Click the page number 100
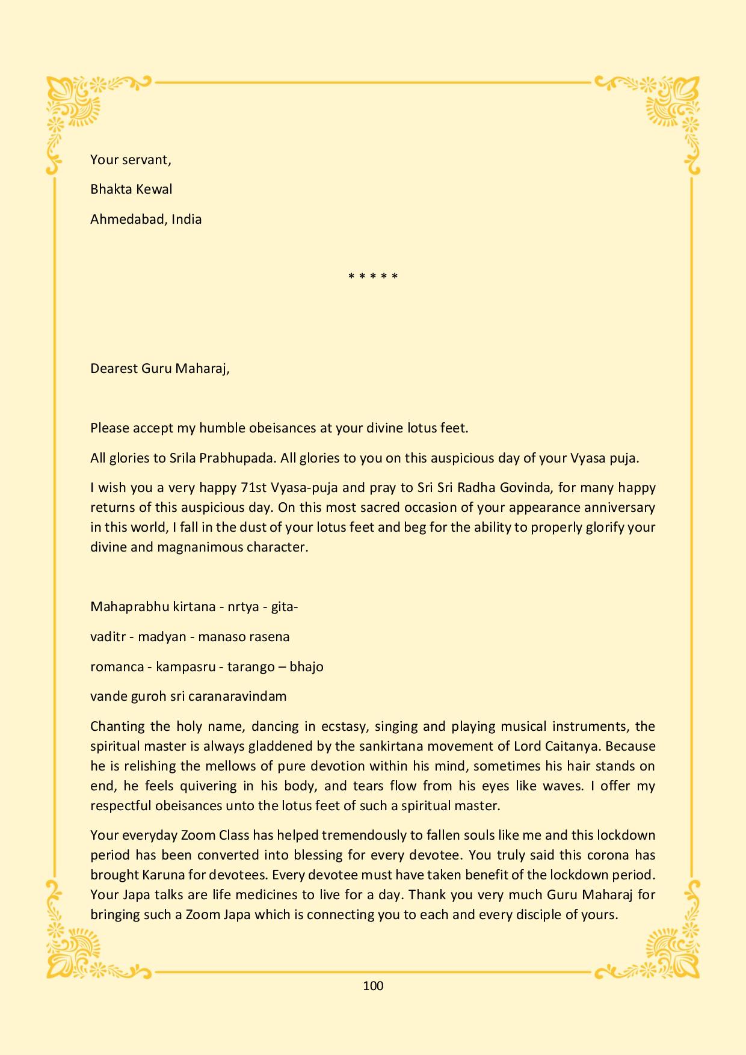(373, 986)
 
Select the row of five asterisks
(373, 277)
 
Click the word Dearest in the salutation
(114, 368)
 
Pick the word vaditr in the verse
(108, 636)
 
